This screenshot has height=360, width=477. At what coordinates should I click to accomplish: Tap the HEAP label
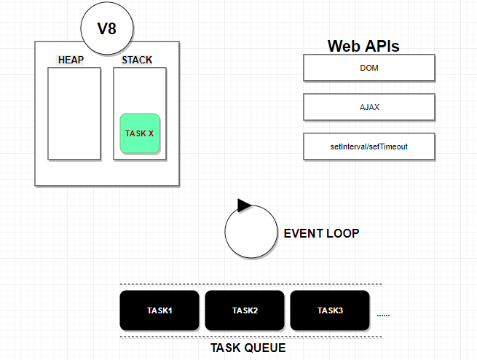(71, 60)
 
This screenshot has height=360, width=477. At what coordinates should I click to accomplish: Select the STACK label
(137, 60)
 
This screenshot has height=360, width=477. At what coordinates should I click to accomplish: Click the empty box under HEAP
(74, 113)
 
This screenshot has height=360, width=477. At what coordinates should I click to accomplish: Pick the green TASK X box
(140, 133)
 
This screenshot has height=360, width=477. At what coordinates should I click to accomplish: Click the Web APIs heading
(363, 46)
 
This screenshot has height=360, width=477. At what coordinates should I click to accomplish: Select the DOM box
(368, 68)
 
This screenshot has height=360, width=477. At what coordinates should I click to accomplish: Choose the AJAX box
(368, 107)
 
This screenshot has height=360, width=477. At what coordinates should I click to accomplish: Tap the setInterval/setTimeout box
(368, 146)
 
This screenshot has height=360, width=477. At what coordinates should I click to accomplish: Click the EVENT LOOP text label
(321, 233)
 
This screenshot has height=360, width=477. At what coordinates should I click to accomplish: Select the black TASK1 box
(159, 310)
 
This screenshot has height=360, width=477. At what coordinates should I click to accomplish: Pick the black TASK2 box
(245, 310)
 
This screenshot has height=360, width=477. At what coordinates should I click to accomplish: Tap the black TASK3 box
(330, 310)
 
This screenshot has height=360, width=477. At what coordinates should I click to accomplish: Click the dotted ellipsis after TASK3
(384, 316)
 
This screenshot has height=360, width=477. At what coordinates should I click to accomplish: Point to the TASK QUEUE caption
(248, 348)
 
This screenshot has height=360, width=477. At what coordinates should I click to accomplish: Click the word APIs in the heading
(383, 46)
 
